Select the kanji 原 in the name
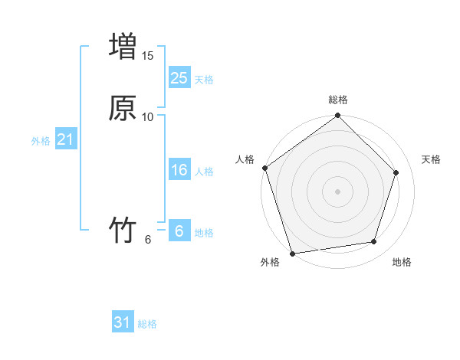coord(123,108)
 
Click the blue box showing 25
coord(179,77)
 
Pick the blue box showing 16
coord(179,170)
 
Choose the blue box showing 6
coord(179,231)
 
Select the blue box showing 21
coord(65,139)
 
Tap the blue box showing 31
coord(123,322)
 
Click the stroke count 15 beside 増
coord(148,56)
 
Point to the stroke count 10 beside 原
coord(148,117)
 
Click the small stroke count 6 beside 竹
coord(148,240)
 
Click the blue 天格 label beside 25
coord(204,79)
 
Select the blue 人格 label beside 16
coord(204,172)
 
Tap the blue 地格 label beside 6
coord(204,233)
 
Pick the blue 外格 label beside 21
coord(41,141)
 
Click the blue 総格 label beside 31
coord(147,324)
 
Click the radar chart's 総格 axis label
coord(338,100)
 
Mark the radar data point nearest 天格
coord(396,172)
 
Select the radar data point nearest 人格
coord(264,168)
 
